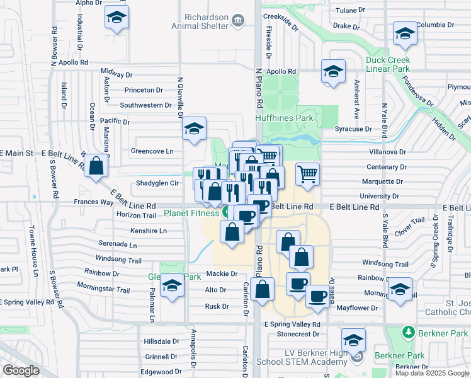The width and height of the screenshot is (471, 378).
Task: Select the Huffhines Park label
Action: point(284,118)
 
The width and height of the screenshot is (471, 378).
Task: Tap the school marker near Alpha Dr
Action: point(116,18)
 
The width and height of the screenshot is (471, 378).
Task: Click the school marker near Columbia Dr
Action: point(404,33)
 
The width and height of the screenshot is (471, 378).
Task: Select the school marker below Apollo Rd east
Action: point(332,71)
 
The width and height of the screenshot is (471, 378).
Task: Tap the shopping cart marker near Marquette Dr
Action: point(307,173)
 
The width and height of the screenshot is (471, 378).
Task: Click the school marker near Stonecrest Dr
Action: point(354,340)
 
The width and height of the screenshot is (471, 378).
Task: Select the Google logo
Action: point(21,370)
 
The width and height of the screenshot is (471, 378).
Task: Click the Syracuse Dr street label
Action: point(353,129)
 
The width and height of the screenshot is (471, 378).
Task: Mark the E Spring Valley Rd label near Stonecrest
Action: point(292,324)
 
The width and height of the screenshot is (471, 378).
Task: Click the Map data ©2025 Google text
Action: point(432,373)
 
